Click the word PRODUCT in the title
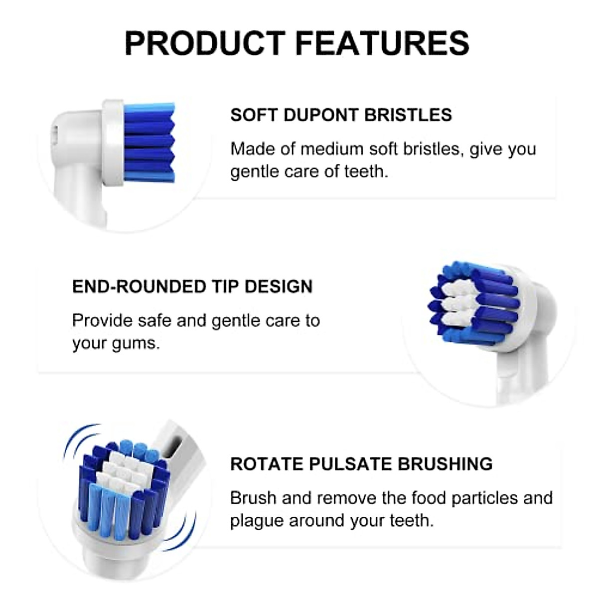click(204, 43)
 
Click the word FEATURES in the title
click(382, 43)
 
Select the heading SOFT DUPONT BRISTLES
click(341, 115)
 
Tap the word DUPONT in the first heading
click(321, 115)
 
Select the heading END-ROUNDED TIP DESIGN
click(192, 287)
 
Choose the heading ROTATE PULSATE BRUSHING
click(361, 464)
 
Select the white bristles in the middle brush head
click(456, 304)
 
